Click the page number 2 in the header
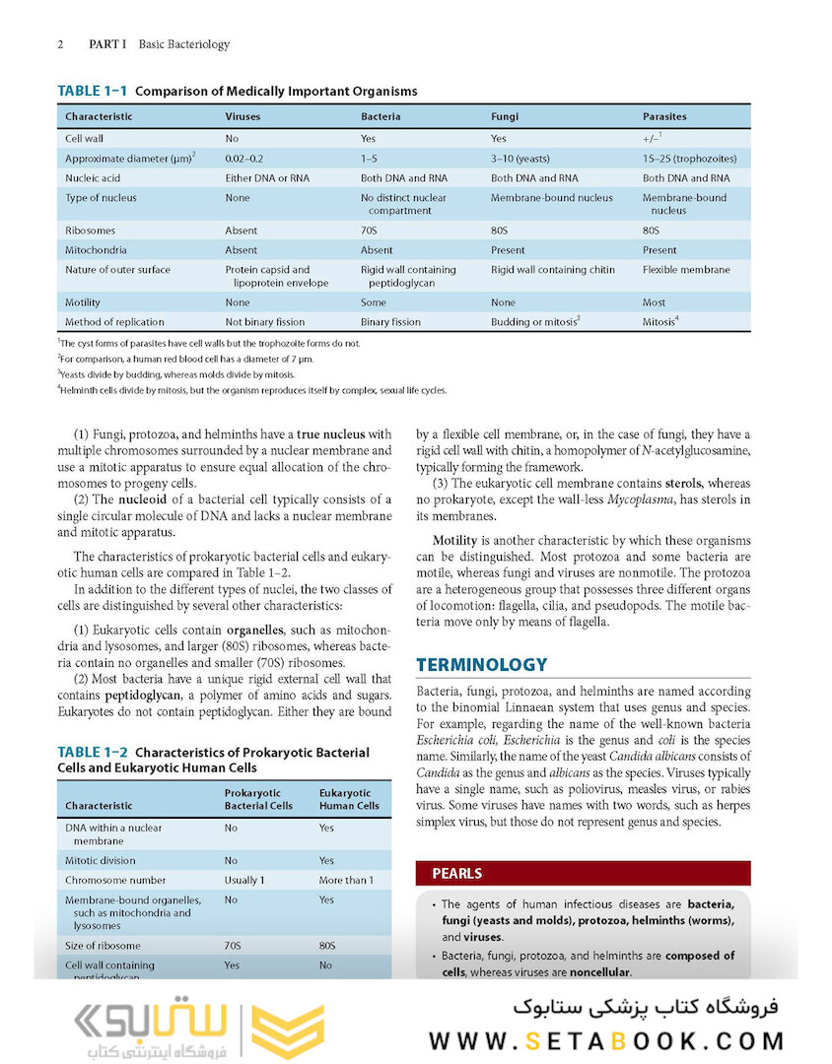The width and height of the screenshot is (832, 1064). [x=61, y=44]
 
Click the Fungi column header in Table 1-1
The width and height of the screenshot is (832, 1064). [x=505, y=116]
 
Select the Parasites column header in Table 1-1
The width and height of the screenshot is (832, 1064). [x=664, y=116]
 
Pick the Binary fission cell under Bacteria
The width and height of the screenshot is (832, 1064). [x=390, y=322]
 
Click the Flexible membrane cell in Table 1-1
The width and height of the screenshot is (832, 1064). [x=686, y=270]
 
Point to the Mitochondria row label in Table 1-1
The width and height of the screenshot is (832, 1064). [x=96, y=250]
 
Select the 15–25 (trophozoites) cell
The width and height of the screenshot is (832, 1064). [x=689, y=159]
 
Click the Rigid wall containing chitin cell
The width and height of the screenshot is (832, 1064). [x=552, y=270]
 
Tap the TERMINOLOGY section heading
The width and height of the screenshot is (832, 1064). [x=481, y=665]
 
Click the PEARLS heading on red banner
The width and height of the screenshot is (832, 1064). [x=457, y=874]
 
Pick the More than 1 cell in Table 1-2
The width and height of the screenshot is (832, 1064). [x=346, y=881]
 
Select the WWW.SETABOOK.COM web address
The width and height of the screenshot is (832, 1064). [x=606, y=1040]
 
